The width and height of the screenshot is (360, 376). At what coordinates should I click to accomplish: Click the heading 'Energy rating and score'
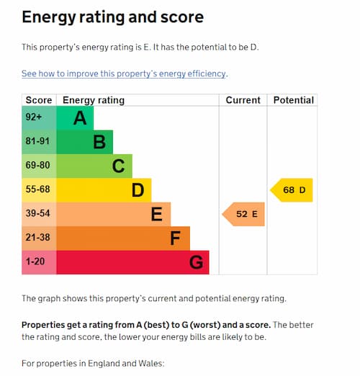tap(112, 17)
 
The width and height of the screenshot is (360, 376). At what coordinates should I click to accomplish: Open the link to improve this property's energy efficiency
tap(124, 73)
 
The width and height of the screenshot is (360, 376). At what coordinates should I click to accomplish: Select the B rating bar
tap(84, 142)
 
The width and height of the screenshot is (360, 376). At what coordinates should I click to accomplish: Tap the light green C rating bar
tap(94, 166)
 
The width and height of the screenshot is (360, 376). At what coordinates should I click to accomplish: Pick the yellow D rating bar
tap(104, 190)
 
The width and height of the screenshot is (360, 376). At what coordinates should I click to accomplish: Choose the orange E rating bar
tap(113, 214)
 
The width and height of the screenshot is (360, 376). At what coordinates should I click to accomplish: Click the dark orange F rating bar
tap(122, 238)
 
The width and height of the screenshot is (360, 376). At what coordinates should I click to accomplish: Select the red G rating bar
tap(132, 262)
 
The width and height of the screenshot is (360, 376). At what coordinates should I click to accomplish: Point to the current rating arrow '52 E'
tap(244, 214)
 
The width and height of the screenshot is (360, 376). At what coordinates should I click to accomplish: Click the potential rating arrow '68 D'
tap(292, 190)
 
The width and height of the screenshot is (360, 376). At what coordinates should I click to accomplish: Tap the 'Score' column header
tap(39, 100)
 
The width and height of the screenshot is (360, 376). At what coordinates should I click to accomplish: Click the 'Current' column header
tap(243, 100)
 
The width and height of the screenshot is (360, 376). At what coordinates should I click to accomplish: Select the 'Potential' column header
tap(293, 100)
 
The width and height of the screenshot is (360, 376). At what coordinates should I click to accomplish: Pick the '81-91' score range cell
tap(39, 142)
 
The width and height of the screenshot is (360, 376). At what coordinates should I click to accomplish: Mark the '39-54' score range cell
tap(39, 214)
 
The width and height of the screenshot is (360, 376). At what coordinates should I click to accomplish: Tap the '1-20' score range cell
tap(39, 262)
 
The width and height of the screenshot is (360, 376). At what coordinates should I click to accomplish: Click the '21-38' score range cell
tap(39, 238)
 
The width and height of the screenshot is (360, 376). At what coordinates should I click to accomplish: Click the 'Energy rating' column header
tap(94, 100)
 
